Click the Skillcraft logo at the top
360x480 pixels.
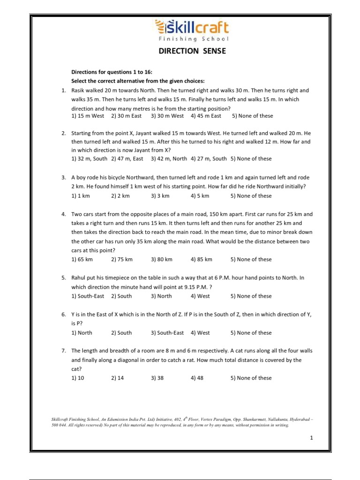click(x=191, y=28)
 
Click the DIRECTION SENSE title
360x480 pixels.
click(x=191, y=51)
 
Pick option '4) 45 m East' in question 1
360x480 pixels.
click(x=206, y=116)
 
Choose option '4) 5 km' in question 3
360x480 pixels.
click(x=200, y=195)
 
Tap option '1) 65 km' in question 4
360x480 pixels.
click(x=82, y=259)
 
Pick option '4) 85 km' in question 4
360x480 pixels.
click(x=201, y=259)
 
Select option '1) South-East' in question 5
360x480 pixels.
click(x=88, y=296)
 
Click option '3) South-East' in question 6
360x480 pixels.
click(x=167, y=333)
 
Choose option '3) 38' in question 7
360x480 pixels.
click(x=157, y=378)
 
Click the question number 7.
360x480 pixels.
click(x=63, y=351)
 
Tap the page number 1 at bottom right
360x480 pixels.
click(x=311, y=438)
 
